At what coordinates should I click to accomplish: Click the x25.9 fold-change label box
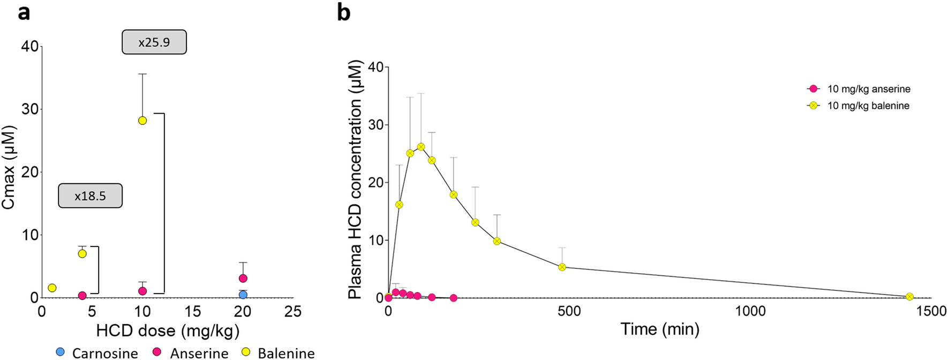[x=154, y=42]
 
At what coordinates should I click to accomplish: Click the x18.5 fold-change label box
[x=90, y=196]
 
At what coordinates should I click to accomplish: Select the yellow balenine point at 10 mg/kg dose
[x=142, y=121]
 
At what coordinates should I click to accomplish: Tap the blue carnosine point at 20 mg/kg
[x=243, y=295]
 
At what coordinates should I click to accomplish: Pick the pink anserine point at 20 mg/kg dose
[x=243, y=278]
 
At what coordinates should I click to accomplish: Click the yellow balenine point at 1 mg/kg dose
[x=52, y=288]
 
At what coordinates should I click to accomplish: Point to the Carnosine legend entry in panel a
[x=97, y=352]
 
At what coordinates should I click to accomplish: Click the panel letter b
[x=343, y=12]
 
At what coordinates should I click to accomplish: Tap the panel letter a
[x=24, y=12]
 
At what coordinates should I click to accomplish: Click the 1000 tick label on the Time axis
[x=750, y=312]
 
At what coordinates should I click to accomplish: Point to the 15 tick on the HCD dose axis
[x=193, y=312]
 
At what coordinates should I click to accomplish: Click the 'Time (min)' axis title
[x=660, y=328]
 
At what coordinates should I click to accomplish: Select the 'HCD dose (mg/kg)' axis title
[x=168, y=331]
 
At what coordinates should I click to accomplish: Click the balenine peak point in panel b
[x=421, y=147]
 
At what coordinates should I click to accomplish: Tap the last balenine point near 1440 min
[x=909, y=296]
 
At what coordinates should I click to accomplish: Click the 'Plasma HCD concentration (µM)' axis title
[x=356, y=179]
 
